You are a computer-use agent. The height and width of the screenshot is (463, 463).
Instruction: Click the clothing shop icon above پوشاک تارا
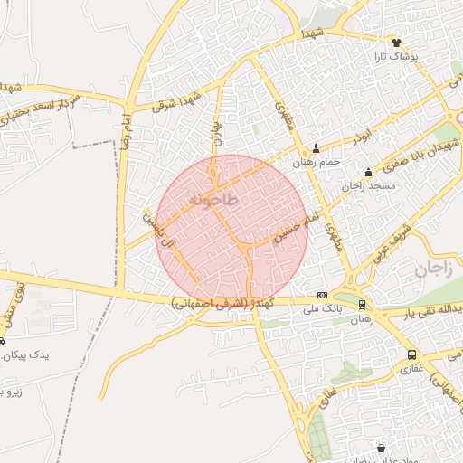[x=395, y=42]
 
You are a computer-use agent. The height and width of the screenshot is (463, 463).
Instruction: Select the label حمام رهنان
[x=316, y=162]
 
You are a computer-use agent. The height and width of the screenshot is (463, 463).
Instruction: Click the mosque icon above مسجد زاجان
[x=367, y=173]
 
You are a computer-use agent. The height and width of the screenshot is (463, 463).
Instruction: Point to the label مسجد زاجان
[x=369, y=186]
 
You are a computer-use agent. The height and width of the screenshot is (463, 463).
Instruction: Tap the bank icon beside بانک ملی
[x=323, y=295]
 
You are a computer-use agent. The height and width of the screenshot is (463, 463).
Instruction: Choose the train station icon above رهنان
[x=362, y=305]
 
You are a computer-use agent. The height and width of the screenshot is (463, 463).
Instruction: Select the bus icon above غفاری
[x=412, y=355]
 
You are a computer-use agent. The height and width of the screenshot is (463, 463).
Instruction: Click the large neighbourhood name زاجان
[x=433, y=269]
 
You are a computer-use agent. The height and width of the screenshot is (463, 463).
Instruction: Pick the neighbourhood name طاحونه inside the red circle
[x=214, y=199]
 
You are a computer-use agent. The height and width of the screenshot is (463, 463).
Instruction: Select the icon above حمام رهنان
[x=316, y=148]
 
